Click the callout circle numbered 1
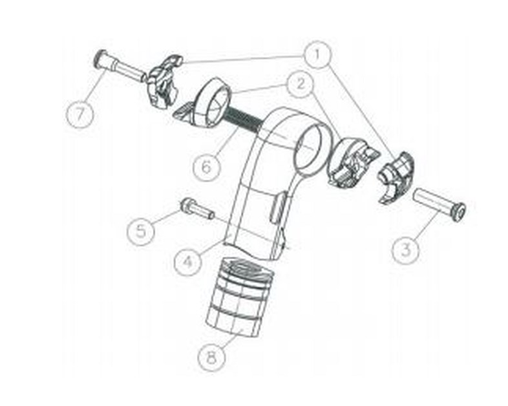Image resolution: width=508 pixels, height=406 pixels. (x=317, y=55)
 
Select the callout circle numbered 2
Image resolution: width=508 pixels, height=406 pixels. (x=301, y=85)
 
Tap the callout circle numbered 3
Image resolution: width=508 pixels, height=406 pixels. (x=406, y=250)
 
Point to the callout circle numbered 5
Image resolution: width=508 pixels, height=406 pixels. (x=141, y=231)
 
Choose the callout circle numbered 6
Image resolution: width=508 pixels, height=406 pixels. (x=206, y=167)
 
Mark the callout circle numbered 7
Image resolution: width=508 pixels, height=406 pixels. (x=79, y=114)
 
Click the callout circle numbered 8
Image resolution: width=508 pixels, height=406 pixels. (x=211, y=359)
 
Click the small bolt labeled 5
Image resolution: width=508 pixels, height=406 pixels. (x=197, y=209)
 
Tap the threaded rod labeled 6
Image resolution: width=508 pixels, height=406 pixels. (x=244, y=119)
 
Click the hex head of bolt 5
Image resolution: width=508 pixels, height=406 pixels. (x=185, y=204)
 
